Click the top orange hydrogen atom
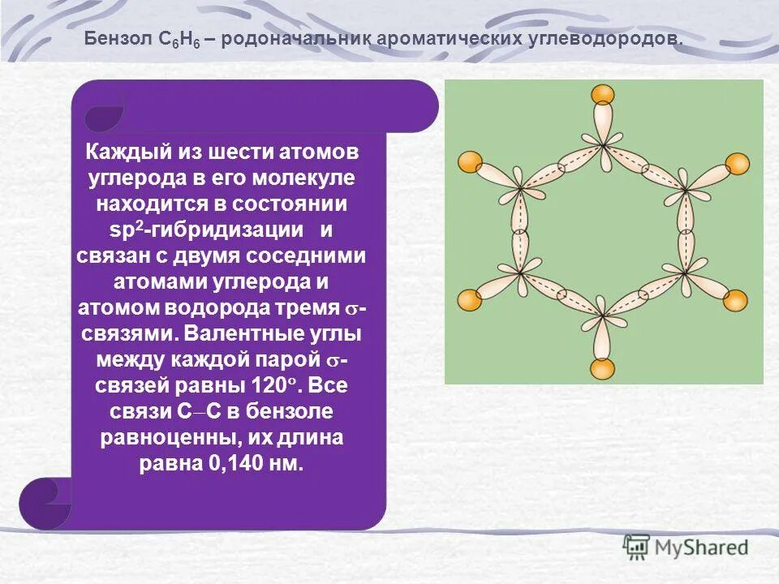coord(603,94)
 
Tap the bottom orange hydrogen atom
coord(603,369)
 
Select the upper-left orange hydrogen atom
coord(470,162)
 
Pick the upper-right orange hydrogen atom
coord(737,163)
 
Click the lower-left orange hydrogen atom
coord(470,300)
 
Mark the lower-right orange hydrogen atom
coord(737,300)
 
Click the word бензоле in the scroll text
coord(287,411)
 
